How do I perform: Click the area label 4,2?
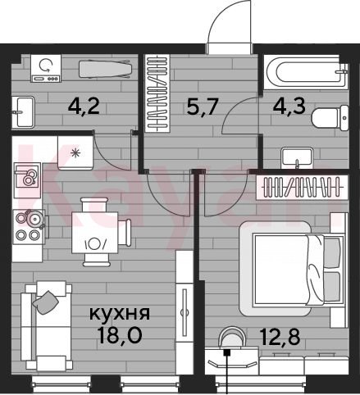(x=84, y=107)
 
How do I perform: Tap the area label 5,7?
(x=203, y=107)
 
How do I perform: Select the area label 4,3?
(x=289, y=106)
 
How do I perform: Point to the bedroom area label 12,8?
(x=280, y=337)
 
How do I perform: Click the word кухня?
(x=120, y=314)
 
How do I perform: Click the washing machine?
(x=46, y=68)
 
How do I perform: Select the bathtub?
(x=307, y=72)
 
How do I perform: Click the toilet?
(x=330, y=118)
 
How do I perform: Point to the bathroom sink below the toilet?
(x=297, y=157)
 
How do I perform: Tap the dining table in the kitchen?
(x=95, y=233)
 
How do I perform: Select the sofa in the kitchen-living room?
(x=46, y=326)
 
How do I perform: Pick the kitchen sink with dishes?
(x=27, y=179)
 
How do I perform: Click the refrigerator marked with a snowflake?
(x=75, y=153)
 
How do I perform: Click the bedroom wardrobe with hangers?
(x=303, y=187)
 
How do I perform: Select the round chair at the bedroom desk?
(x=231, y=338)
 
